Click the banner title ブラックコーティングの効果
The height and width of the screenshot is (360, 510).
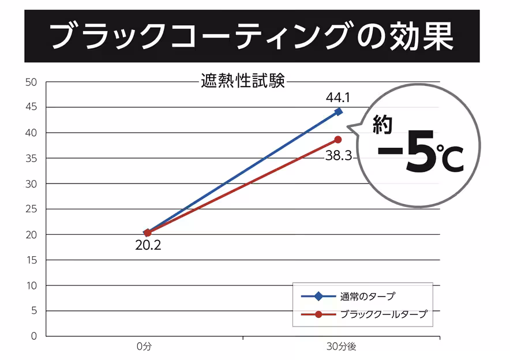pos(252,36)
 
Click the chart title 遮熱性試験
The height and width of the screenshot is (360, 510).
pos(243,81)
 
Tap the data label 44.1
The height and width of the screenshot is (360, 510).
pos(337,96)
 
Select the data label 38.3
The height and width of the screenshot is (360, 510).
pos(339,155)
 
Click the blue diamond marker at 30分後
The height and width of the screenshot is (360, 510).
pos(338,111)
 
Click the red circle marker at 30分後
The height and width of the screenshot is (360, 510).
pos(338,140)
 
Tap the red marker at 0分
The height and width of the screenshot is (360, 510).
pos(148,232)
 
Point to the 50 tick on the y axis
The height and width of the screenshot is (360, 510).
pos(31,82)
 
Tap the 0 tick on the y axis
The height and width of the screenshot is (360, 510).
pos(34,336)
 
